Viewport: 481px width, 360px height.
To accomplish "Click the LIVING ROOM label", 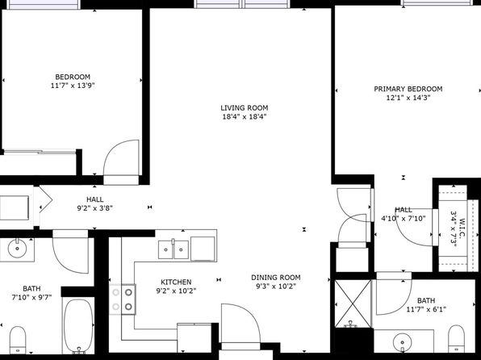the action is (245, 108).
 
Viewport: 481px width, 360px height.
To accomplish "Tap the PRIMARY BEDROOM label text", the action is (408, 89).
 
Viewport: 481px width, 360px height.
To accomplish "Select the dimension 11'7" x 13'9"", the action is (73, 86).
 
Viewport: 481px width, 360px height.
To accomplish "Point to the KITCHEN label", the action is (176, 282).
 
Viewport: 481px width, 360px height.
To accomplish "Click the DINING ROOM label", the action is (276, 278).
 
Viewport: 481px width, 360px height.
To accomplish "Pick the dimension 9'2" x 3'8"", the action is (94, 208).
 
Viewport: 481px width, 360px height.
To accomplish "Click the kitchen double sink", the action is (174, 249).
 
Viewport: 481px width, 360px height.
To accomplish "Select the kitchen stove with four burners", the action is (123, 299).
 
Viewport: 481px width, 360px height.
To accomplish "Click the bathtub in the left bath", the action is (78, 326).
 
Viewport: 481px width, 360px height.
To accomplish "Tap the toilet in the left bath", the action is (18, 340).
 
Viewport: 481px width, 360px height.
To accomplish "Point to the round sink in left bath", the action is (17, 249).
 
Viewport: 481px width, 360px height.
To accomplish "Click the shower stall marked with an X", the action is (353, 303).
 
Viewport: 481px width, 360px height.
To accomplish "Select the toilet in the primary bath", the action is (456, 339).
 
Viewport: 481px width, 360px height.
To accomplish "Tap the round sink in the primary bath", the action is (402, 342).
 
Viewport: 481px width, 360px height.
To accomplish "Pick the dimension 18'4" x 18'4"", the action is (245, 116).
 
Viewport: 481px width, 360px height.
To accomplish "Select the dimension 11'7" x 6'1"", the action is (426, 309).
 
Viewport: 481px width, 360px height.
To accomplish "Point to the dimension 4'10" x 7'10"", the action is (404, 219).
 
